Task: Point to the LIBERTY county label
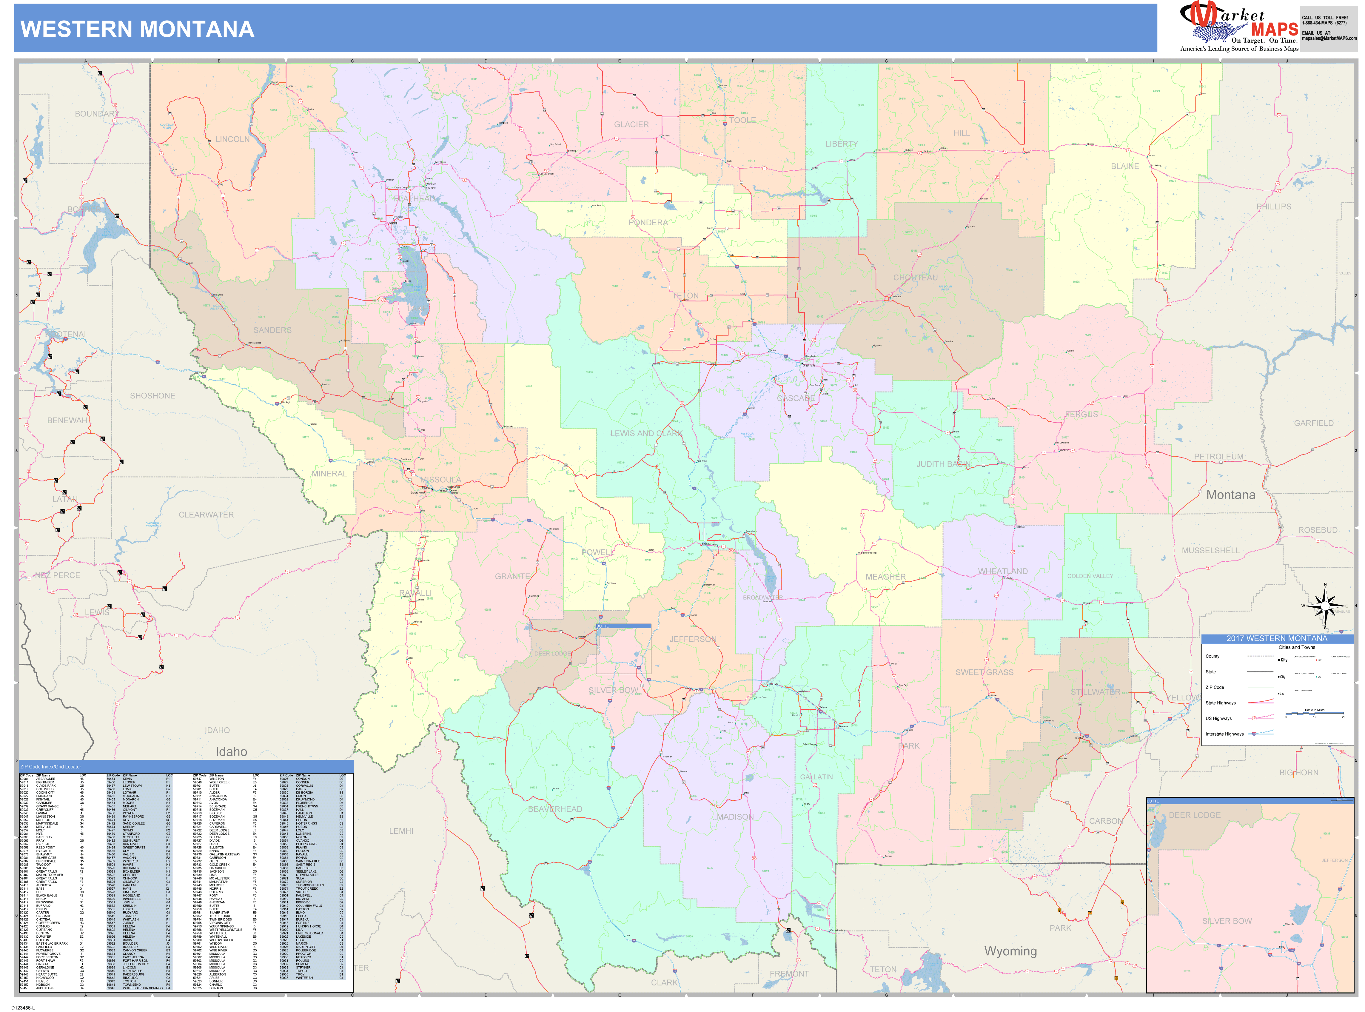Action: click(x=841, y=144)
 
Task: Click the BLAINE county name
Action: click(x=1125, y=166)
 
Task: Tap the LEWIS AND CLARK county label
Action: click(x=646, y=433)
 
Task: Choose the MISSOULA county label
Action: click(x=440, y=480)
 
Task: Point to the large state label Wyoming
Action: click(x=1010, y=951)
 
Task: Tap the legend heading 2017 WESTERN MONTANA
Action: click(x=1277, y=638)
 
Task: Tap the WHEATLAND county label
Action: click(x=1002, y=572)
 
